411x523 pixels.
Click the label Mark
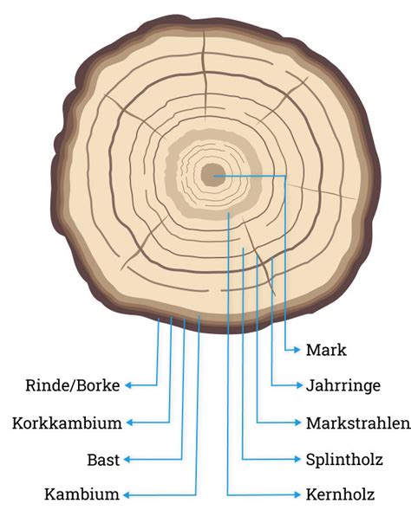[x=326, y=350]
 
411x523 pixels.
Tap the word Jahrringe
[x=343, y=385]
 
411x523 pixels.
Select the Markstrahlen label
[x=358, y=423]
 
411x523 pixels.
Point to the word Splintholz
[x=344, y=460]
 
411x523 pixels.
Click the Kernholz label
[x=340, y=494]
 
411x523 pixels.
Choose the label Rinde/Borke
[x=73, y=385]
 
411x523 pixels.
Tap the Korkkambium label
[x=67, y=423]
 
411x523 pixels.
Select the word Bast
[x=103, y=460]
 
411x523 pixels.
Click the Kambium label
[x=82, y=494]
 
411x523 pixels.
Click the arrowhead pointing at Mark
[x=297, y=350]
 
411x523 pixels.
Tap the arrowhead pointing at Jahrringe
[x=299, y=385]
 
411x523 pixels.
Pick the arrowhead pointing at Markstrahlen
[x=297, y=423]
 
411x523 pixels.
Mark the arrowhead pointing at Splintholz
[x=297, y=459]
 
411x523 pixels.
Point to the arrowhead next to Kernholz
[x=297, y=494]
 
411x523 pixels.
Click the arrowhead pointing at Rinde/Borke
[x=128, y=385]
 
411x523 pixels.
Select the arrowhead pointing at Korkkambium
[x=130, y=423]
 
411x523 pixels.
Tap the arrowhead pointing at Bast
[x=127, y=460]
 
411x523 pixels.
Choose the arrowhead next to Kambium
[x=127, y=495]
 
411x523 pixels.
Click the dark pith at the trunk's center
[x=212, y=175]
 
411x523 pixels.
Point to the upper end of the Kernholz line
[x=228, y=210]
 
